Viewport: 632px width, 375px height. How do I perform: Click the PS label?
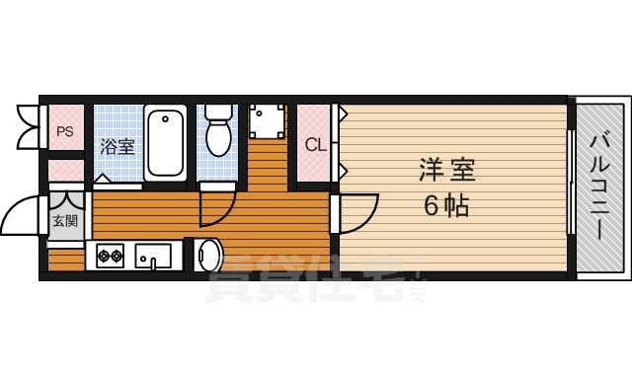pos(65,130)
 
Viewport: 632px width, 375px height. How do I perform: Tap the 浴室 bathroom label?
pos(118,147)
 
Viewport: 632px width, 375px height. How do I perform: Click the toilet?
pos(217,133)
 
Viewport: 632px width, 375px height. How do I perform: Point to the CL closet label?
pos(314,145)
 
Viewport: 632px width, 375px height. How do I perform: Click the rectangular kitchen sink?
pos(153,257)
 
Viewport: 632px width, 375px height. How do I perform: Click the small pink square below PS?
pos(65,168)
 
